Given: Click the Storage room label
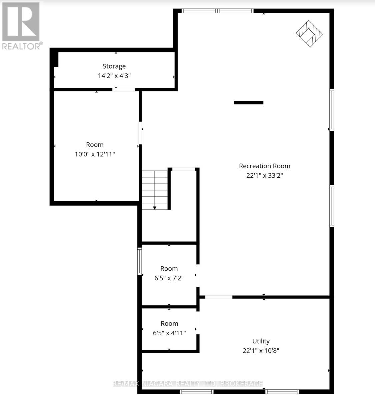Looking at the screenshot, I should [114, 66].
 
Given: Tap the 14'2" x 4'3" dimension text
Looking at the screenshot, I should [114, 76].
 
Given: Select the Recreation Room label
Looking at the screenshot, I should [264, 166].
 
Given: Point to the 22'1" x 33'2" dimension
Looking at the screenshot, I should [264, 175].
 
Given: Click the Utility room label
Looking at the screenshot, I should [261, 341].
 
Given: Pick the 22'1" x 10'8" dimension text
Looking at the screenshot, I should [261, 351].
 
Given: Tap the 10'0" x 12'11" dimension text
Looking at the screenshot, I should [95, 154].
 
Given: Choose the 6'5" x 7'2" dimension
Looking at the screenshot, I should [169, 278].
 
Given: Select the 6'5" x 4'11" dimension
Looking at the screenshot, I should [169, 333].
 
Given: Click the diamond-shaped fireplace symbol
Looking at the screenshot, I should [309, 33].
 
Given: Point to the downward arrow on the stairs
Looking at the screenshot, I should [155, 207].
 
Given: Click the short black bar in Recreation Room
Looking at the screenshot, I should [248, 103].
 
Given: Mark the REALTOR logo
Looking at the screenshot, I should [21, 25].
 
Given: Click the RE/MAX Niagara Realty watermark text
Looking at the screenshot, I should [188, 384].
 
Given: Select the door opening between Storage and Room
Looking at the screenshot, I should [124, 89].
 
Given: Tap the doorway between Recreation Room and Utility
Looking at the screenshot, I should [219, 297].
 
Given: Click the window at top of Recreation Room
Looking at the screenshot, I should [217, 11].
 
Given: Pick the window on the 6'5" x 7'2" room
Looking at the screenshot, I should [140, 261].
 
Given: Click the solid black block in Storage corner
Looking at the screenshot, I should [54, 59].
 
